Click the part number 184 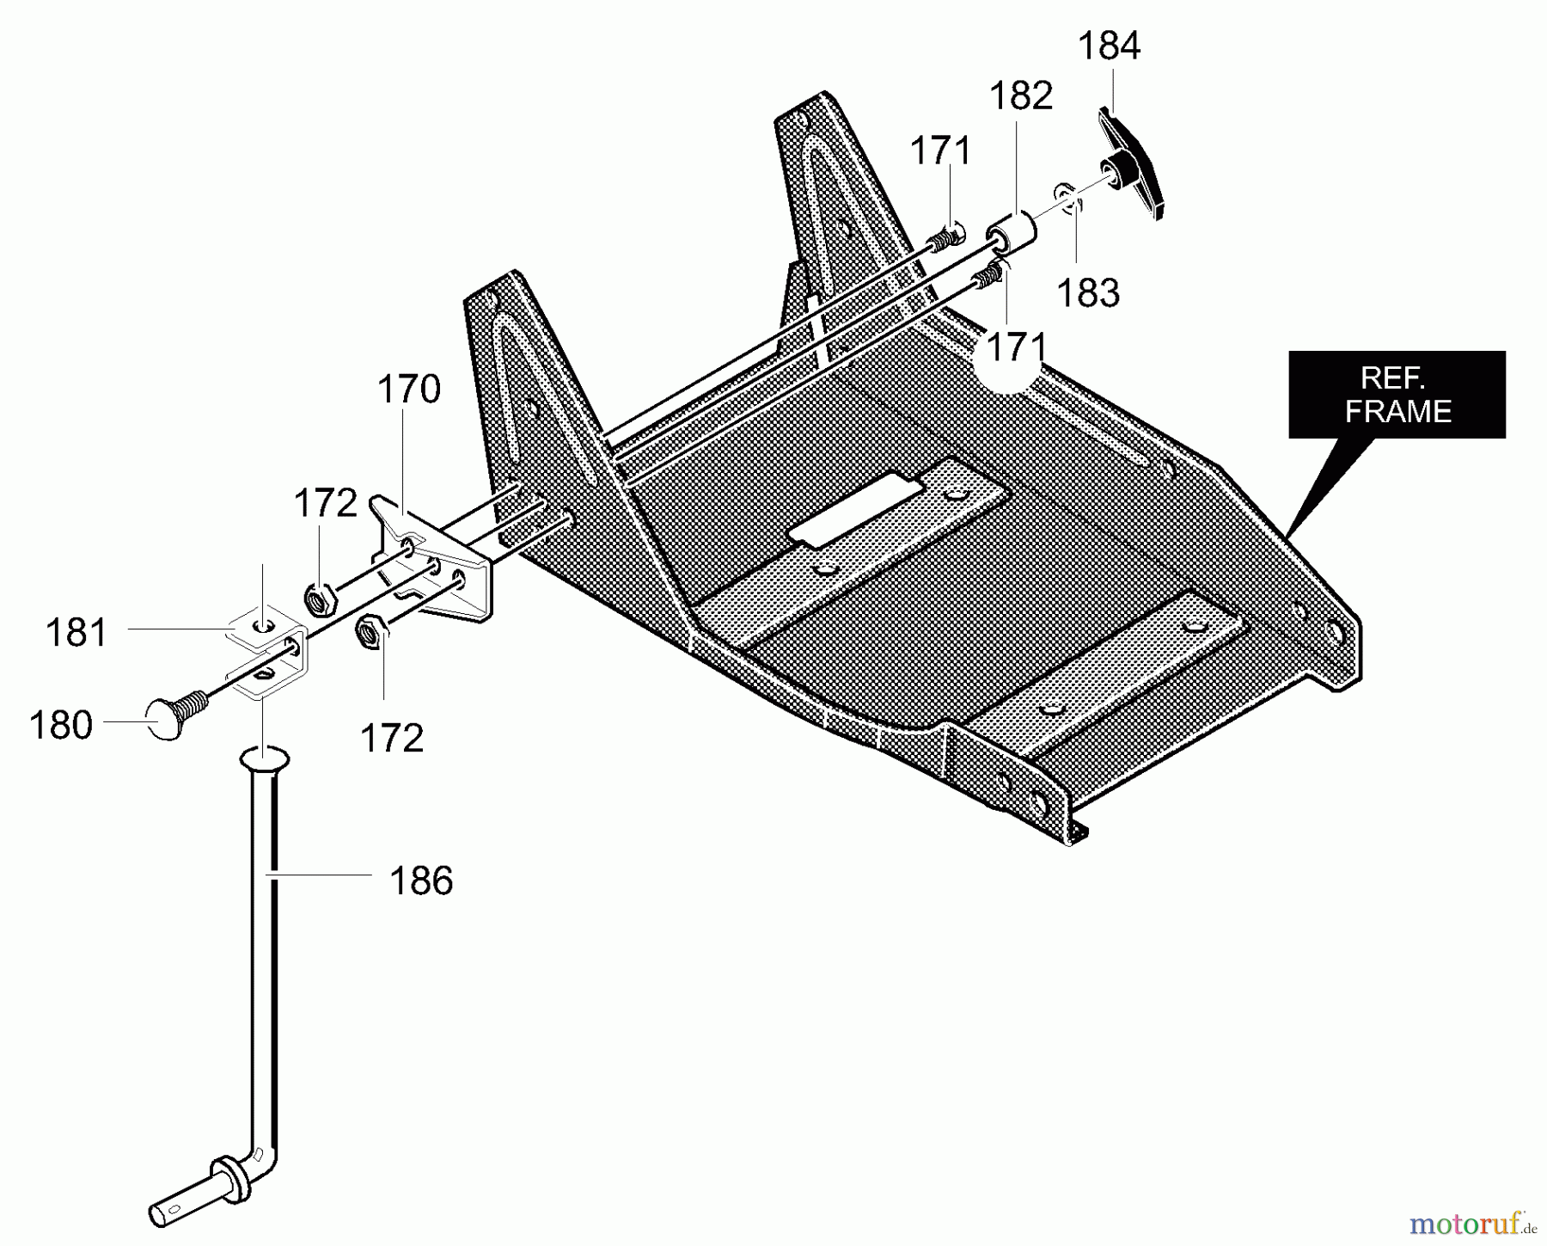click(x=1109, y=46)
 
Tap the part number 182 click(x=1020, y=95)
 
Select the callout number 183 click(x=1087, y=293)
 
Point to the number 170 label click(x=408, y=390)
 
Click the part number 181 click(x=76, y=633)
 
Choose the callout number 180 click(x=61, y=725)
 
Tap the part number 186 click(x=420, y=881)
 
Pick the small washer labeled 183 click(x=1067, y=197)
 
